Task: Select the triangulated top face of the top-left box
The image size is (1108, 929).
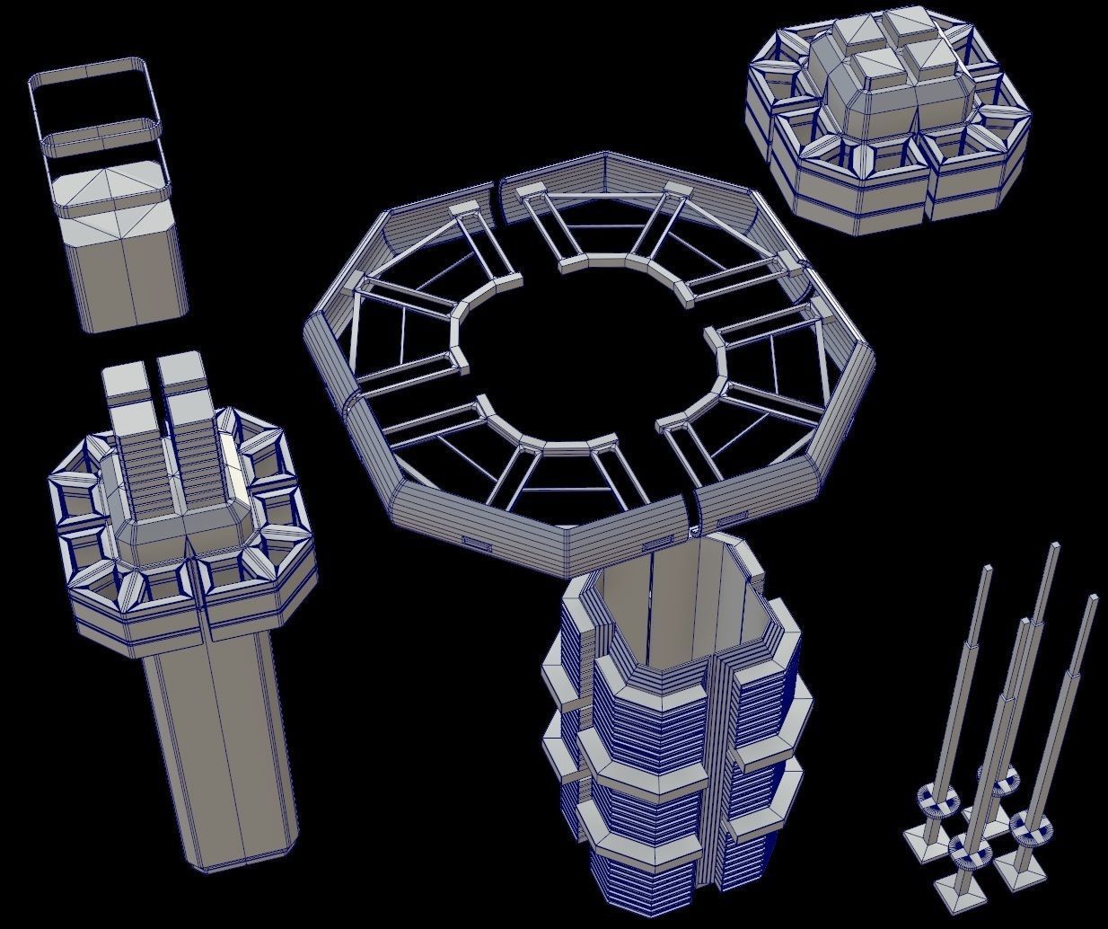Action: (x=110, y=186)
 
